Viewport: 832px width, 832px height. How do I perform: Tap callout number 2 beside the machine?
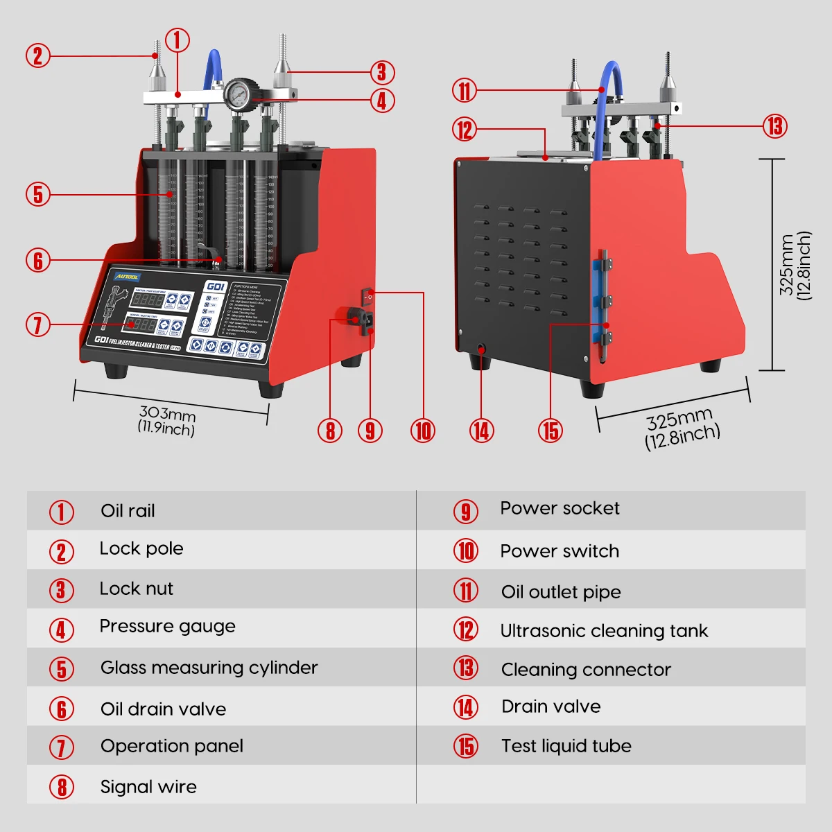click(38, 55)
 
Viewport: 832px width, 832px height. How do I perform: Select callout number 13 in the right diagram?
click(775, 126)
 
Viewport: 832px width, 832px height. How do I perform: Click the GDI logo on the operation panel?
click(216, 286)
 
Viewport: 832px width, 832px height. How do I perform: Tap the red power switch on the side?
click(367, 297)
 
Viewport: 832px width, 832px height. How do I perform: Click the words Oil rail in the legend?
click(128, 511)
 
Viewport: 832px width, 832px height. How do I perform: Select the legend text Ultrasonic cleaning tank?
click(604, 631)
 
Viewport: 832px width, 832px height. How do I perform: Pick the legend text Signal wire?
click(148, 787)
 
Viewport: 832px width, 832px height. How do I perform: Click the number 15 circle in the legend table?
click(466, 747)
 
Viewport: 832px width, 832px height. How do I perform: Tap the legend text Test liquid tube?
click(566, 746)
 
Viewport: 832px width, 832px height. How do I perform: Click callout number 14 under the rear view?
click(481, 431)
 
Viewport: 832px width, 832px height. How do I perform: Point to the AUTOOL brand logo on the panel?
click(127, 277)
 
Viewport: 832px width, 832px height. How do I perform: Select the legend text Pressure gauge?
click(167, 626)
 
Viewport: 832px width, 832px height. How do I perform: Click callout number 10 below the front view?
click(423, 431)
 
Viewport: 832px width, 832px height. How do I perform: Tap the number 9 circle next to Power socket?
click(466, 512)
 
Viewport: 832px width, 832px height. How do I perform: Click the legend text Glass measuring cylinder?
click(209, 668)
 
